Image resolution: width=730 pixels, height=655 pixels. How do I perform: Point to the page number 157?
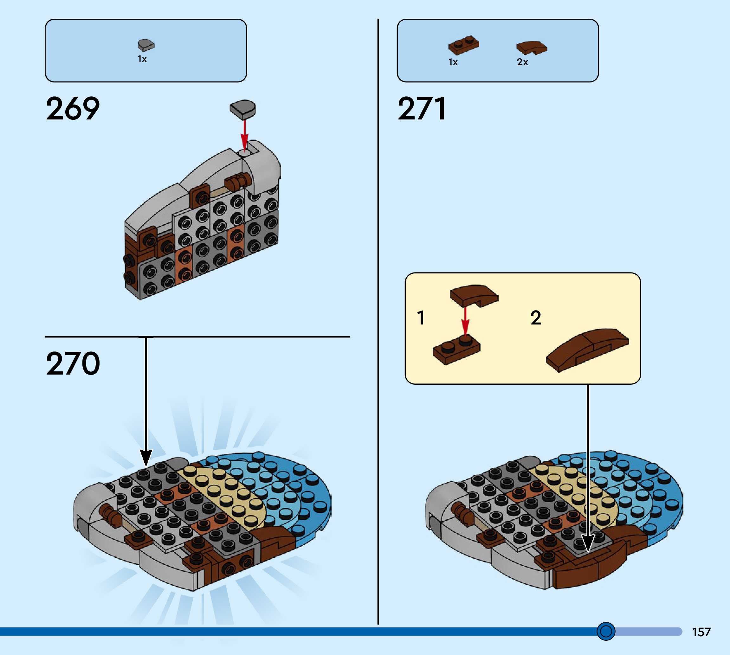(x=701, y=632)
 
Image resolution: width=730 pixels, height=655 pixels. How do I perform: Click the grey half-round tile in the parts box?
(x=146, y=45)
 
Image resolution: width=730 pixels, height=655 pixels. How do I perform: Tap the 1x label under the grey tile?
(x=142, y=59)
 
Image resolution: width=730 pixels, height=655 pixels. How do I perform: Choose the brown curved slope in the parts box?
(x=532, y=48)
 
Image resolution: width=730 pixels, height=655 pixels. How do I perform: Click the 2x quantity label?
(x=522, y=62)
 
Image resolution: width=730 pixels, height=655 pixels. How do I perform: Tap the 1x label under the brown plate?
(x=453, y=62)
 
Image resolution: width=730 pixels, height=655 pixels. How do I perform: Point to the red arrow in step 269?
(x=244, y=135)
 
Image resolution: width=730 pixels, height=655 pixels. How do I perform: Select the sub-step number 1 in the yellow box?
(x=420, y=318)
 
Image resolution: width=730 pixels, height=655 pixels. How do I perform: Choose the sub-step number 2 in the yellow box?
(x=536, y=318)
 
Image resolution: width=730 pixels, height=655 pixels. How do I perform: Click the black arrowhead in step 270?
(x=146, y=457)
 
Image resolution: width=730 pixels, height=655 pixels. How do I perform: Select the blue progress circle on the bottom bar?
(x=606, y=631)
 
